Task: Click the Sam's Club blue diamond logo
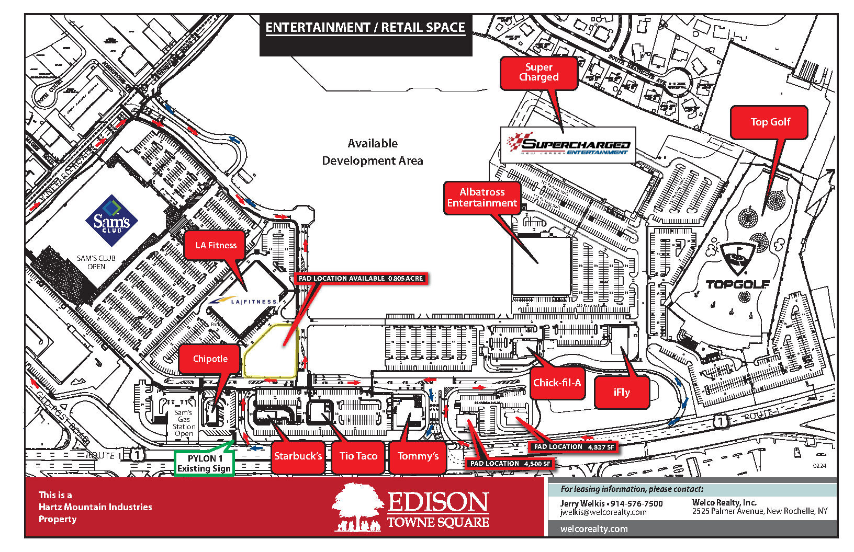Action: click(111, 221)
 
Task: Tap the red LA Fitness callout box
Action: click(215, 245)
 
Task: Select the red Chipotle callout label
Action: click(210, 359)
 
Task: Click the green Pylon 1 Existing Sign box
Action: click(204, 463)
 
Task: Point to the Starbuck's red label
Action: click(298, 456)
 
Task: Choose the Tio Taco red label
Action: click(358, 456)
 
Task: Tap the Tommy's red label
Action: click(418, 456)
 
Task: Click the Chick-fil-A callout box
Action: click(557, 383)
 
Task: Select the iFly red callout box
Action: click(622, 393)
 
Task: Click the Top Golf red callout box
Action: click(769, 122)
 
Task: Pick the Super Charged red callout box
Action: click(538, 73)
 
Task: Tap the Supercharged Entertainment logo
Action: click(568, 145)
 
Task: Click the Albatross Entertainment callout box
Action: click(482, 198)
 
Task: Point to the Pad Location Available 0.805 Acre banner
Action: click(361, 279)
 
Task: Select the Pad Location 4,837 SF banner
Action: click(574, 447)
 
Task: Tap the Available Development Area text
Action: click(372, 152)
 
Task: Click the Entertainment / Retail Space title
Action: click(365, 28)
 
